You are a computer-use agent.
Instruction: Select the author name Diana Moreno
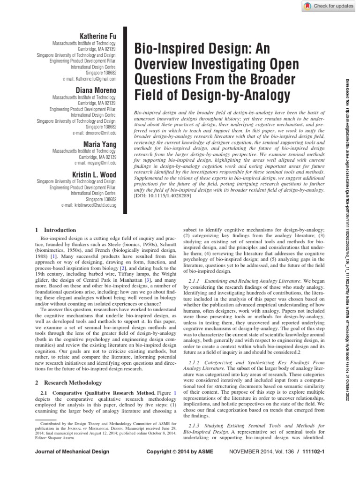pos(99,90)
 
